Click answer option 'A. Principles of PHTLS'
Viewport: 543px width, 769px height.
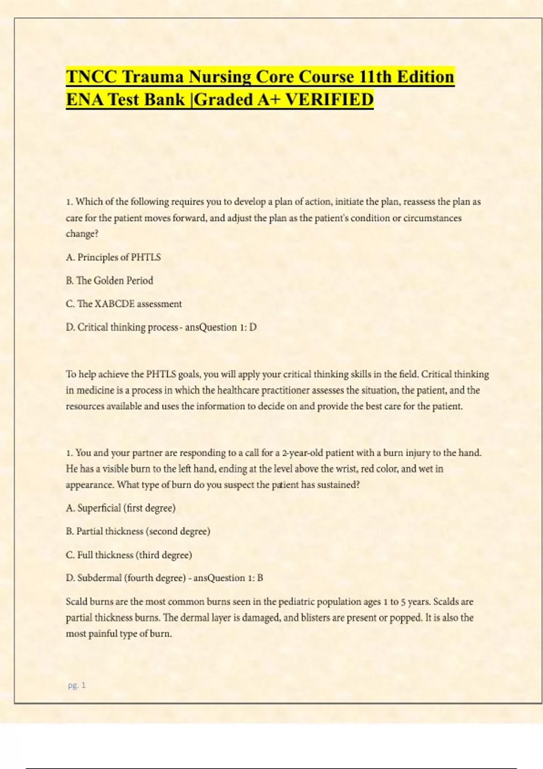[x=113, y=257]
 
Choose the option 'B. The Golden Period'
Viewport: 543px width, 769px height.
[x=110, y=280]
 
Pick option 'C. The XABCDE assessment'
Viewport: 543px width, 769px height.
[x=124, y=304]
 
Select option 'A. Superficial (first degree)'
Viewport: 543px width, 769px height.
[x=120, y=508]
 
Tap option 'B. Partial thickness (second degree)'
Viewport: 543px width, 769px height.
[x=138, y=532]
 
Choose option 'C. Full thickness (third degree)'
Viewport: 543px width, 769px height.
[x=129, y=555]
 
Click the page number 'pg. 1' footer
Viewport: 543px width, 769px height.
[x=76, y=685]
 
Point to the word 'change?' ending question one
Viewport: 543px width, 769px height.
[x=82, y=234]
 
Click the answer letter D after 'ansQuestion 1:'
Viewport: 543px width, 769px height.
[x=253, y=328]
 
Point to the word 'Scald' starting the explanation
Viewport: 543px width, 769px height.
[x=76, y=602]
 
